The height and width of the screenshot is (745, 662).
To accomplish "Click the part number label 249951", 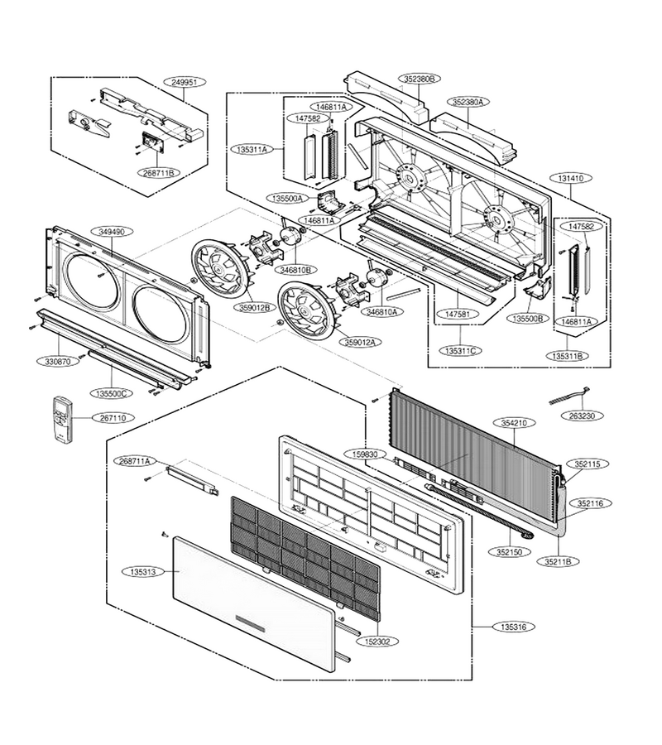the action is (185, 82).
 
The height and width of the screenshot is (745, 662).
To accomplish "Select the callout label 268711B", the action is (159, 173).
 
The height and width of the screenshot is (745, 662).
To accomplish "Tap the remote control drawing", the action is (63, 418).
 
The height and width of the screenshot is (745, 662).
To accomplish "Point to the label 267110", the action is (113, 418).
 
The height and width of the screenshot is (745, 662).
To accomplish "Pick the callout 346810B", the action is (296, 269).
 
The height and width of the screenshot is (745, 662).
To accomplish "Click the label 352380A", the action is (468, 102).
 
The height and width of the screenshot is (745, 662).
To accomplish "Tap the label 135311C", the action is (461, 351).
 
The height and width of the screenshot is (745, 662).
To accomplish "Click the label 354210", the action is (514, 422).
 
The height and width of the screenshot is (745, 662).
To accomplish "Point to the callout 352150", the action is (509, 552).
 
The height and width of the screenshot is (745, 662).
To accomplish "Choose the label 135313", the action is (142, 572).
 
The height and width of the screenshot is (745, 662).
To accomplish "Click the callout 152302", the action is (378, 641).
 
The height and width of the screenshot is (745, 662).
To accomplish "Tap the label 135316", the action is (513, 627).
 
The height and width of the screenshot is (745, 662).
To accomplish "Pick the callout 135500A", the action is (288, 198).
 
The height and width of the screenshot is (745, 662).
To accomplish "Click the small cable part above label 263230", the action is (569, 397).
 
